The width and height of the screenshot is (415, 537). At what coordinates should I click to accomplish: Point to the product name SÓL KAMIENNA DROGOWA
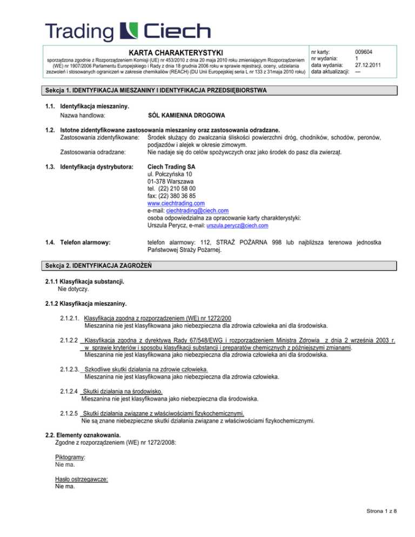[187, 116]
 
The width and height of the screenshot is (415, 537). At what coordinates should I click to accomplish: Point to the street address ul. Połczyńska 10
[171, 177]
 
